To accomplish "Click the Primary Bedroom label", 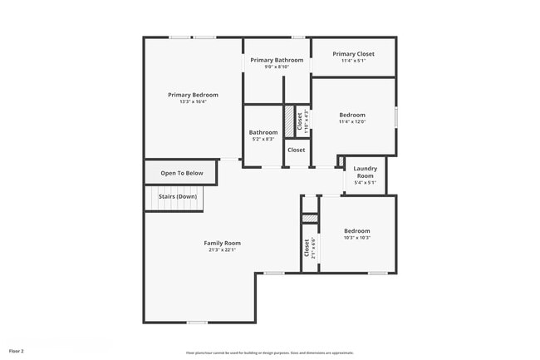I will tap(193, 95).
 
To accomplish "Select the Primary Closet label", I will tap(353, 54).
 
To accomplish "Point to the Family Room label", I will tap(222, 243).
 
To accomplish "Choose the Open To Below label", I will tap(182, 173).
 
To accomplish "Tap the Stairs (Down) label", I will tap(178, 197).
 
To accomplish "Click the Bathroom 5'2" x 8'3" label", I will tap(263, 132).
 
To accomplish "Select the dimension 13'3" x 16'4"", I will tap(193, 102).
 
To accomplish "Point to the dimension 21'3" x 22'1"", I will tap(222, 250).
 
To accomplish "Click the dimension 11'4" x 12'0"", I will tap(352, 121).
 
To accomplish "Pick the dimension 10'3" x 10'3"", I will tap(357, 238).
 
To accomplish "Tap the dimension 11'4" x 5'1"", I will tap(353, 61).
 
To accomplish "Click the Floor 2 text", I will tap(17, 351).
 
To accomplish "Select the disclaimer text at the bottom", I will tap(270, 353).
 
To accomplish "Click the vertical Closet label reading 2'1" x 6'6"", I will tap(308, 248).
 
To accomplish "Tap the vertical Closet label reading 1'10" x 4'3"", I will tap(302, 121).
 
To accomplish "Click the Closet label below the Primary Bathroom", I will tap(297, 150).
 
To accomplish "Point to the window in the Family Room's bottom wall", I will tap(197, 323).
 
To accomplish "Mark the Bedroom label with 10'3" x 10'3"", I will tap(357, 230).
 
